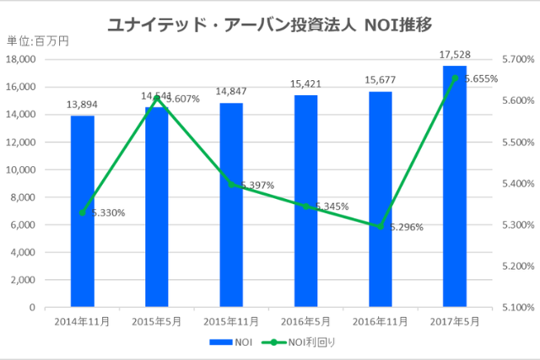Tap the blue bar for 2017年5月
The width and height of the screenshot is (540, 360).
point(455,185)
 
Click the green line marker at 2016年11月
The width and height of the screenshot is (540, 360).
point(381,227)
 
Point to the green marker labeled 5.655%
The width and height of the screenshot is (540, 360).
point(455,78)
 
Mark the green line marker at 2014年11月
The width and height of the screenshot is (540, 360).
point(83,212)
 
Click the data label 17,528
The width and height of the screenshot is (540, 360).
point(454,55)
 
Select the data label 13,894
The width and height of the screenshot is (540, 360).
point(83,105)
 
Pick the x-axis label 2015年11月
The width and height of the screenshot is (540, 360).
point(231,321)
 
